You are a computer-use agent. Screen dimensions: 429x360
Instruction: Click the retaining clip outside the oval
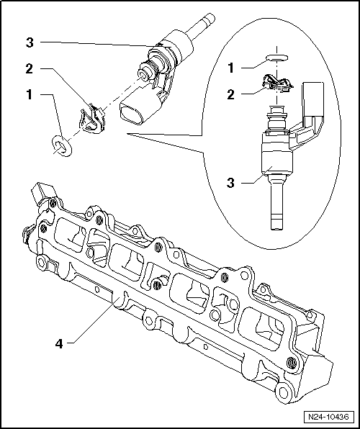coord(92,120)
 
